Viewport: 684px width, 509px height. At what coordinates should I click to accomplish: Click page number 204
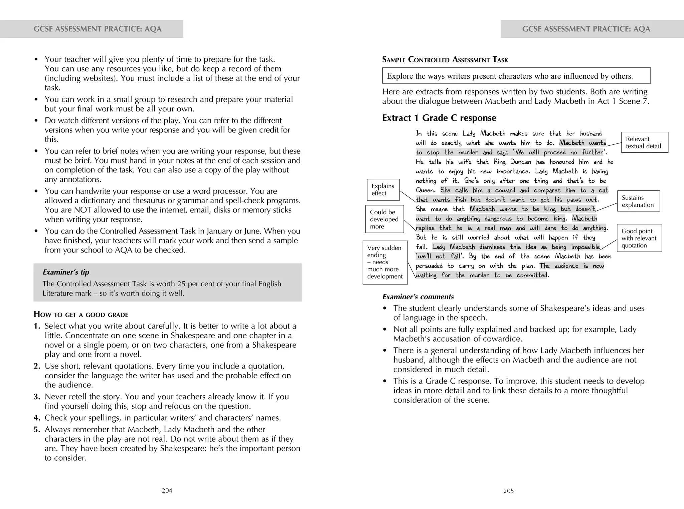tap(167, 490)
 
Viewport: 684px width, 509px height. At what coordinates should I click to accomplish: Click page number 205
tap(509, 491)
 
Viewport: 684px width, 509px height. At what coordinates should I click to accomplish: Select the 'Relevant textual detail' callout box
tap(644, 142)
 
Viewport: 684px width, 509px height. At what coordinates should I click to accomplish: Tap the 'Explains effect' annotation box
tap(383, 189)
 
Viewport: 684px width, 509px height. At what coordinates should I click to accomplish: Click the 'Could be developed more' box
tap(384, 219)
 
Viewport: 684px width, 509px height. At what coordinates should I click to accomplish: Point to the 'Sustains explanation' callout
tap(638, 201)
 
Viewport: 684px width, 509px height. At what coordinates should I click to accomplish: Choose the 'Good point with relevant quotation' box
tap(639, 238)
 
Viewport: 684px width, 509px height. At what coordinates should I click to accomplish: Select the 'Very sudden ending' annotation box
tap(385, 262)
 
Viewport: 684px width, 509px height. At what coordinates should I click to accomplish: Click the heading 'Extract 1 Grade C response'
tap(439, 118)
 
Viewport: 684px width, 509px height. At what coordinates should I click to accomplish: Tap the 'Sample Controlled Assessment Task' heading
tap(445, 60)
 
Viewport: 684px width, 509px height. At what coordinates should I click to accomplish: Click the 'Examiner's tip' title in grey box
tap(66, 272)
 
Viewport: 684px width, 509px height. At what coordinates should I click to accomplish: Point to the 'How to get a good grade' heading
tap(81, 315)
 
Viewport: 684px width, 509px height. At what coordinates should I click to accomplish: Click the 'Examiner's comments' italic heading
tap(418, 297)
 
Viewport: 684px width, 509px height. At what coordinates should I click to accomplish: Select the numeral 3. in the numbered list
tap(37, 397)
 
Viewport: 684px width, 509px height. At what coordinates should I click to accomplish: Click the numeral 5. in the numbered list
tap(37, 429)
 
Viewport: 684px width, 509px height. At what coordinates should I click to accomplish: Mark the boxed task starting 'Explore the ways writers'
tap(516, 76)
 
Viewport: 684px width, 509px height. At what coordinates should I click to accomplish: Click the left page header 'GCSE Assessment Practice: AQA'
tap(98, 29)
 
